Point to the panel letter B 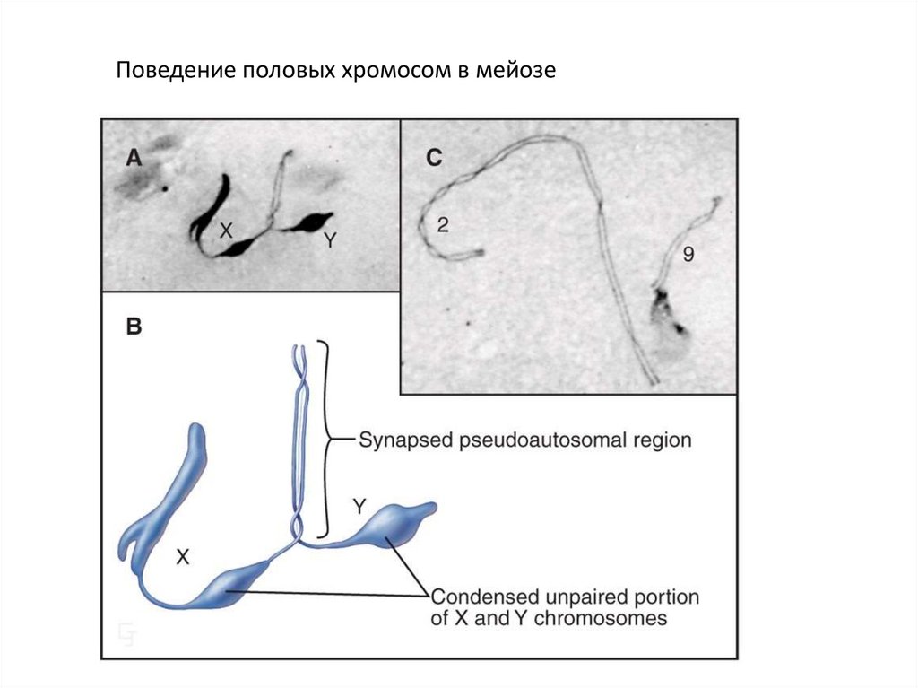tap(134, 327)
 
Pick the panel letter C tap(434, 158)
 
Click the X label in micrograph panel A tap(226, 231)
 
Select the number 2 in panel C tap(443, 225)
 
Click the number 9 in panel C tap(688, 256)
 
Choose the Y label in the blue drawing tap(359, 507)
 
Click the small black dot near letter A tap(165, 188)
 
